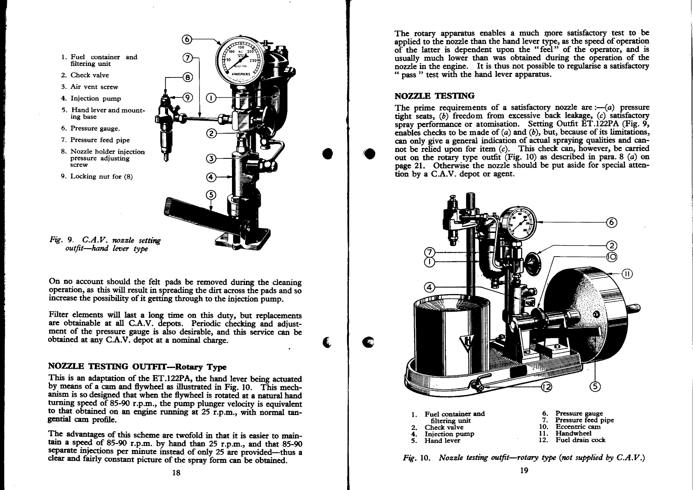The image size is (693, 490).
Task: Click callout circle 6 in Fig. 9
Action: click(x=187, y=40)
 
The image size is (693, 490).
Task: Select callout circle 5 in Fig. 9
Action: click(x=211, y=194)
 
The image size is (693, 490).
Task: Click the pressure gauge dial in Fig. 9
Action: click(x=240, y=60)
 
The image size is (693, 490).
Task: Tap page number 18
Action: click(x=177, y=473)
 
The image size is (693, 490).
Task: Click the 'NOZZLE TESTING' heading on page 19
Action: click(x=434, y=96)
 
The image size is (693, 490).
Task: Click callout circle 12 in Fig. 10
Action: click(x=547, y=386)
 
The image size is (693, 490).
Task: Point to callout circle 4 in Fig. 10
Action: click(x=429, y=288)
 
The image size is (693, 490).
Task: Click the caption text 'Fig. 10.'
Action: click(x=417, y=458)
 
